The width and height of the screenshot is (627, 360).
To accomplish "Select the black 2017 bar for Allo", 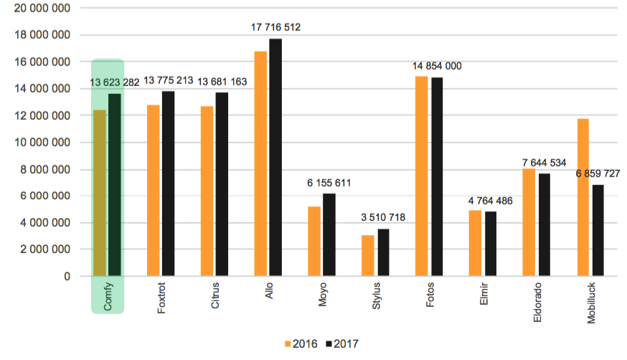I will coord(275,158).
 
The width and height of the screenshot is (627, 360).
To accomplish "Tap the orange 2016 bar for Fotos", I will coord(422,176).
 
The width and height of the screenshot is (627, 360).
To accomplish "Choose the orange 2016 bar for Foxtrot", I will coord(154,191).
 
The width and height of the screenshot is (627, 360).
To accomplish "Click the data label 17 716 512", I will coord(275,28).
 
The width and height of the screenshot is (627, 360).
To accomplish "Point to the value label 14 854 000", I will coord(437,66).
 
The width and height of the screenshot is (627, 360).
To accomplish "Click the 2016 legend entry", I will coord(301,344).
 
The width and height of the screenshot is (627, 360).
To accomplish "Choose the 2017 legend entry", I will coord(341,344).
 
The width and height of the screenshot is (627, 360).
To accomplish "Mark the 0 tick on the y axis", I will coord(66,276).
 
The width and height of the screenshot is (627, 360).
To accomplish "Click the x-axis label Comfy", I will coord(108,297).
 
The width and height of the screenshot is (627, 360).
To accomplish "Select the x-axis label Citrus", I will coord(216,298).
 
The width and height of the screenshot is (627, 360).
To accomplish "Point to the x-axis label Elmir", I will coord(484,295).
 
